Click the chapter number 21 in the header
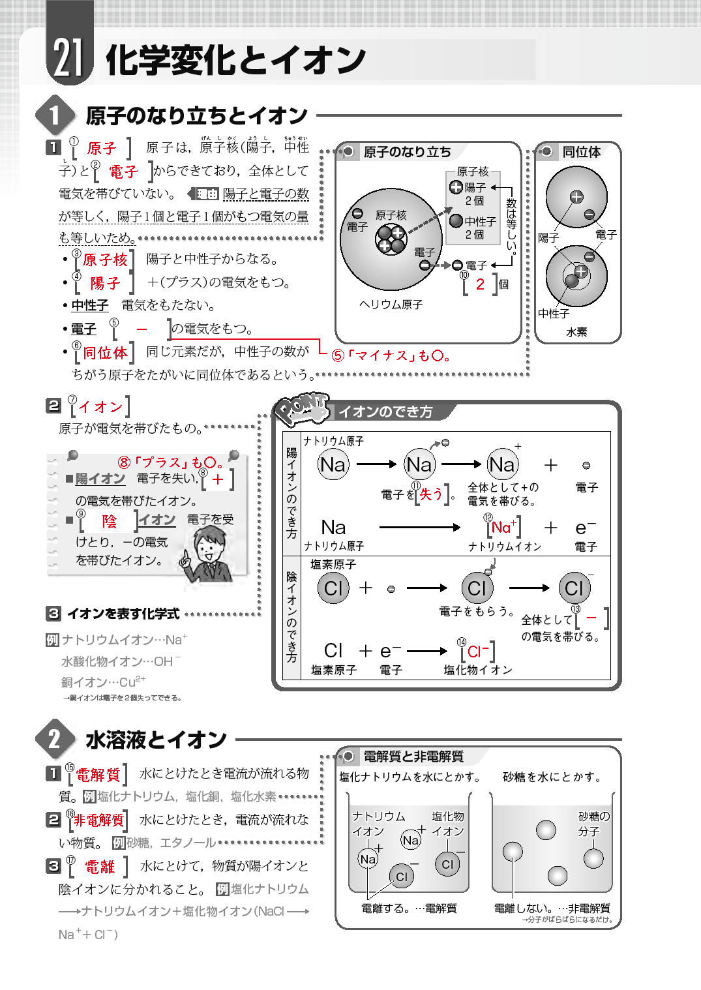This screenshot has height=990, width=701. tap(68, 58)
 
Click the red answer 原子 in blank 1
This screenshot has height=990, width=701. tap(101, 149)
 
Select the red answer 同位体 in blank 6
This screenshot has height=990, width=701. tap(105, 353)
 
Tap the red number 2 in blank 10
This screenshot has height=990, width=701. tap(480, 284)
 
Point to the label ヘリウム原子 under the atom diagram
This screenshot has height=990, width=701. tap(391, 305)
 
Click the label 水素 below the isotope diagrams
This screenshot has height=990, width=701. tap(576, 332)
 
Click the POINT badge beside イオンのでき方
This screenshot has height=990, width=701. tap(301, 409)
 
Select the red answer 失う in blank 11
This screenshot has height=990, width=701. tap(430, 494)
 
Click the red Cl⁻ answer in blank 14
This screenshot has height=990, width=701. tap(478, 652)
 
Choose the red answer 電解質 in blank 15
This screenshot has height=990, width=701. tap(98, 775)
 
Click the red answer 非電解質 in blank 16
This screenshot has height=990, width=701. tap(98, 820)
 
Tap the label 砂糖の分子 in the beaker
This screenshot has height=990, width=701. tap(593, 824)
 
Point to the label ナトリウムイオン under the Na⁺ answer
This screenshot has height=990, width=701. tap(505, 547)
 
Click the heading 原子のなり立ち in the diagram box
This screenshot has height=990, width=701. tap(407, 152)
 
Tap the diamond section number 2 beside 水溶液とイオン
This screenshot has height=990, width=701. tap(54, 739)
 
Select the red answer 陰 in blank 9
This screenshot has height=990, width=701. tap(109, 521)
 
